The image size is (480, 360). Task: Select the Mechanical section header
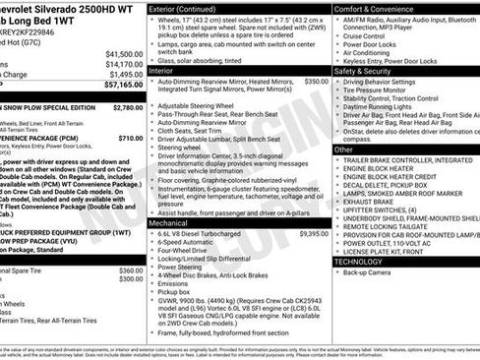[x=174, y=223]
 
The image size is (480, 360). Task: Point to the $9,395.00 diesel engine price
[x=313, y=234]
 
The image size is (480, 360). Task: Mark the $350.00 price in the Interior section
[x=317, y=82]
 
